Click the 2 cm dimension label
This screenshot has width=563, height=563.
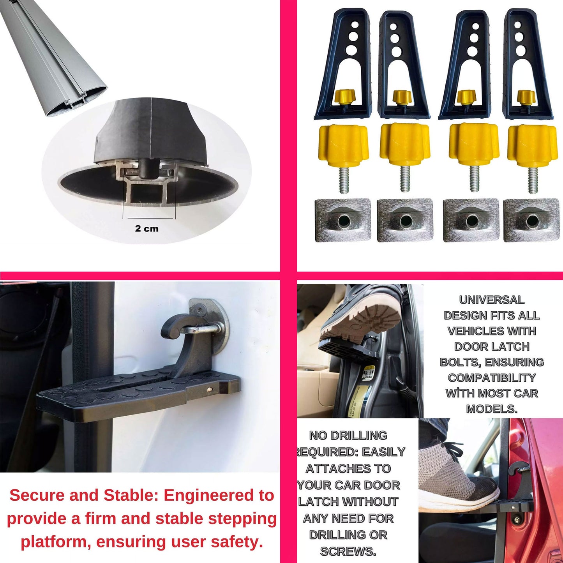coord(146,229)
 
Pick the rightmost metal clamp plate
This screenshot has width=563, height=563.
coord(531,220)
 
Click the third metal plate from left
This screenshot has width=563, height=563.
coord(471,220)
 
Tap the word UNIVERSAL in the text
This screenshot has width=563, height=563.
coord(492,300)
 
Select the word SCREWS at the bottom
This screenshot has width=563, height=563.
coord(348,551)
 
